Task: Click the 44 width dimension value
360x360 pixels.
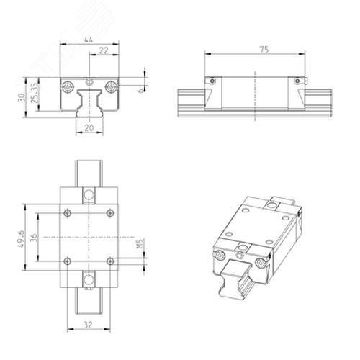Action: click(x=89, y=40)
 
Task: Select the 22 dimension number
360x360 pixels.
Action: click(x=104, y=50)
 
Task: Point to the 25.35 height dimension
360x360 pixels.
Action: click(x=35, y=93)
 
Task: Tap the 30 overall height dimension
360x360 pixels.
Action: click(x=22, y=97)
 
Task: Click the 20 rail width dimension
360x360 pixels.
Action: click(x=89, y=128)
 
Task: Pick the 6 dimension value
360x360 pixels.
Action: click(x=141, y=90)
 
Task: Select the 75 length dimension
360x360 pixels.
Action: click(x=264, y=50)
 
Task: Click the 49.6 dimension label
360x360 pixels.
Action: click(x=21, y=239)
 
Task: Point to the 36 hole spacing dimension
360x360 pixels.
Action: click(x=34, y=238)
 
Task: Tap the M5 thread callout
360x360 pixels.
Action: click(x=140, y=243)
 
